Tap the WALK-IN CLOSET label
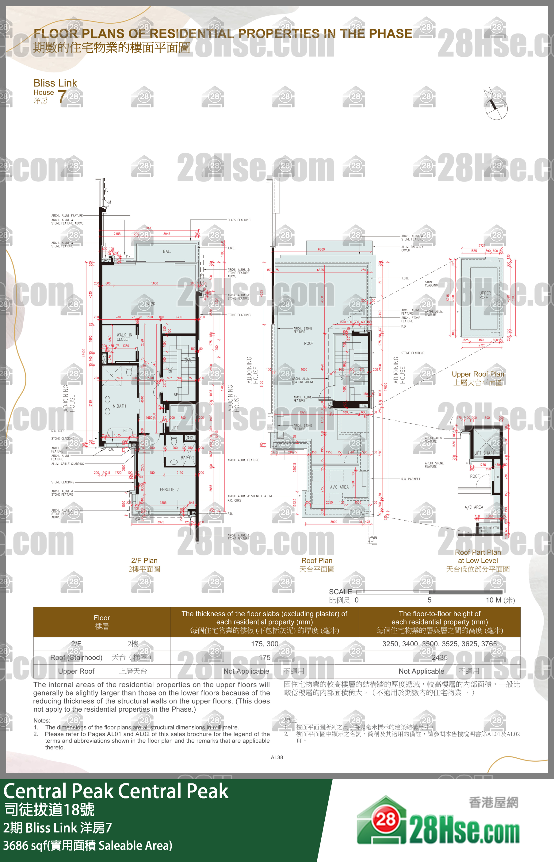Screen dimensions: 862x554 point(124,337)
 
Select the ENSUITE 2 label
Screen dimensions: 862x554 point(169,490)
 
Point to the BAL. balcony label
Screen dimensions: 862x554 point(166,251)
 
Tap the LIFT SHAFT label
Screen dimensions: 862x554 point(484,453)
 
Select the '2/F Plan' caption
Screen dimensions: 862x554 point(144,560)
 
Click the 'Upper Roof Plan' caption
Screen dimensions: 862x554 point(478,374)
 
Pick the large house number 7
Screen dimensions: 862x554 point(62,96)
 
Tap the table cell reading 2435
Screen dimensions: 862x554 point(440,657)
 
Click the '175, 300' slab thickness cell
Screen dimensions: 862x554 point(264,644)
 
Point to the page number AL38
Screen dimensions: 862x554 point(277,757)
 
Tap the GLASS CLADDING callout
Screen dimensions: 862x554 point(239,220)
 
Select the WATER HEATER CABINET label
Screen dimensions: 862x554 point(488,529)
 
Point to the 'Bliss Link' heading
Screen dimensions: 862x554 point(55,83)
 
